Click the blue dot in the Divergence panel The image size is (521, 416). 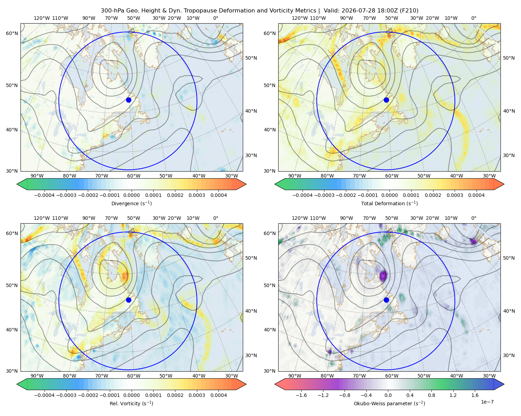click(129, 100)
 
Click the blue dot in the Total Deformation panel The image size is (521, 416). click(386, 100)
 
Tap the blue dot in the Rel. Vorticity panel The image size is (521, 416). click(129, 300)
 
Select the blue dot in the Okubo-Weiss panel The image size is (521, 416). click(386, 300)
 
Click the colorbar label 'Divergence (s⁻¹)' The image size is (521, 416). click(131, 203)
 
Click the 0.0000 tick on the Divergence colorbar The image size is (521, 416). click(131, 195)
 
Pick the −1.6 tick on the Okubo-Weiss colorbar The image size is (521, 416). click(301, 395)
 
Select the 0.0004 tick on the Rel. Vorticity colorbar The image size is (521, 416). click(218, 395)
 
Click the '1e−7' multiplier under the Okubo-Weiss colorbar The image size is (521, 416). click(487, 402)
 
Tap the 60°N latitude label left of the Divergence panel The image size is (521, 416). click(12, 33)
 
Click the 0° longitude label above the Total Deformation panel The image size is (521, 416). click(474, 18)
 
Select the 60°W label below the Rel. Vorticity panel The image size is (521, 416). click(134, 376)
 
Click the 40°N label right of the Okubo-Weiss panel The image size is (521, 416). click(509, 311)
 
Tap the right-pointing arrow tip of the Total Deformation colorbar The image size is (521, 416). click(504, 184)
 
